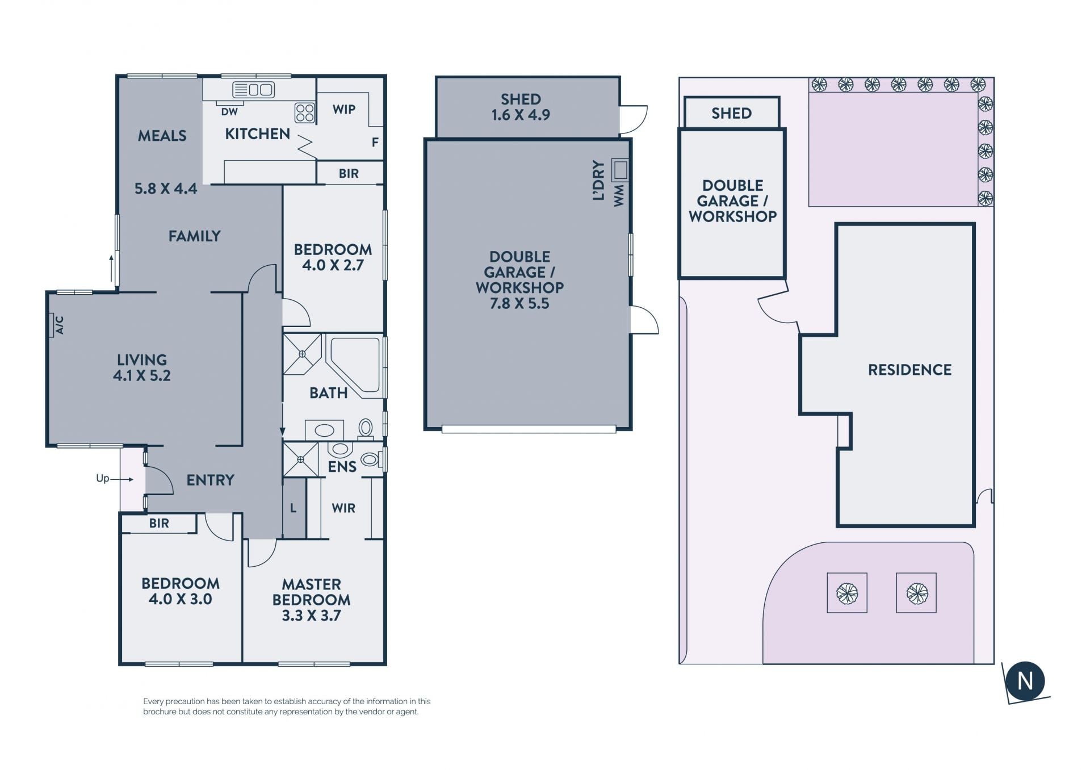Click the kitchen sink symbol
[254, 90]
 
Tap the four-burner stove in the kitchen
[305, 112]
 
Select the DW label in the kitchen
[229, 112]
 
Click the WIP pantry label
[344, 110]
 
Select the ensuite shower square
[300, 459]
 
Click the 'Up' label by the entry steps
[102, 478]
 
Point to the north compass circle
[1025, 681]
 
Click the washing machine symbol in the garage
[620, 170]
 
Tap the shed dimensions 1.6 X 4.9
[521, 115]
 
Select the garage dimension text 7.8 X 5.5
[519, 303]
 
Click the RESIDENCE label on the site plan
[909, 370]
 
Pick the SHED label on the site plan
[731, 113]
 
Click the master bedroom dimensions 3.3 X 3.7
[311, 616]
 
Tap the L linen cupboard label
[293, 508]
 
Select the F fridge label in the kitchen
[375, 143]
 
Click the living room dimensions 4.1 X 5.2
[141, 375]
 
